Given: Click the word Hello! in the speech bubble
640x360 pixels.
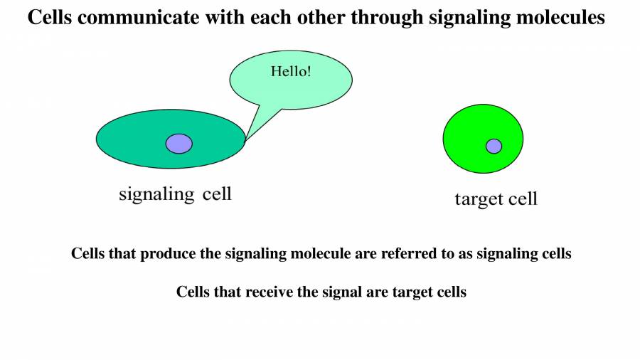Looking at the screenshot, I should coord(291,72).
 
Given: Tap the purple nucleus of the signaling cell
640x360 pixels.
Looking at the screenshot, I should coord(179,144).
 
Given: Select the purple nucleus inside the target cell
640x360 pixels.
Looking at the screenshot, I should coord(494,146).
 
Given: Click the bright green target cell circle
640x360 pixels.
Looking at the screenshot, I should coord(469,128).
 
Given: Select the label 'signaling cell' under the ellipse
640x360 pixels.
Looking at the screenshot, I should coord(175,194).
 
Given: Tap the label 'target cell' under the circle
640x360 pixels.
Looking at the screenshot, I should coord(496,199).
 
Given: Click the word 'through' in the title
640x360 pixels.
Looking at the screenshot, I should coord(392,18).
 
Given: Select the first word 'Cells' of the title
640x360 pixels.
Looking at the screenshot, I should coord(50,18).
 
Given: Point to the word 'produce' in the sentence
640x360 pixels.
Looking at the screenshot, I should coord(169,254).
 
